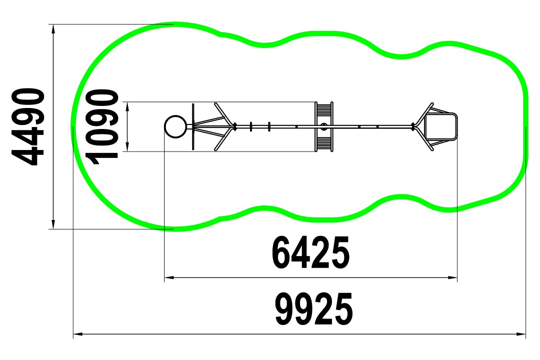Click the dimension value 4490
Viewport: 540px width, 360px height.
click(28, 127)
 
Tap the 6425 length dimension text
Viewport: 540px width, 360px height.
click(310, 253)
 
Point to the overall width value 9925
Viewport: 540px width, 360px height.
click(314, 309)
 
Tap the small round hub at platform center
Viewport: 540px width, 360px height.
click(323, 127)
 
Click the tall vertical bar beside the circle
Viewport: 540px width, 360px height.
click(193, 127)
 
